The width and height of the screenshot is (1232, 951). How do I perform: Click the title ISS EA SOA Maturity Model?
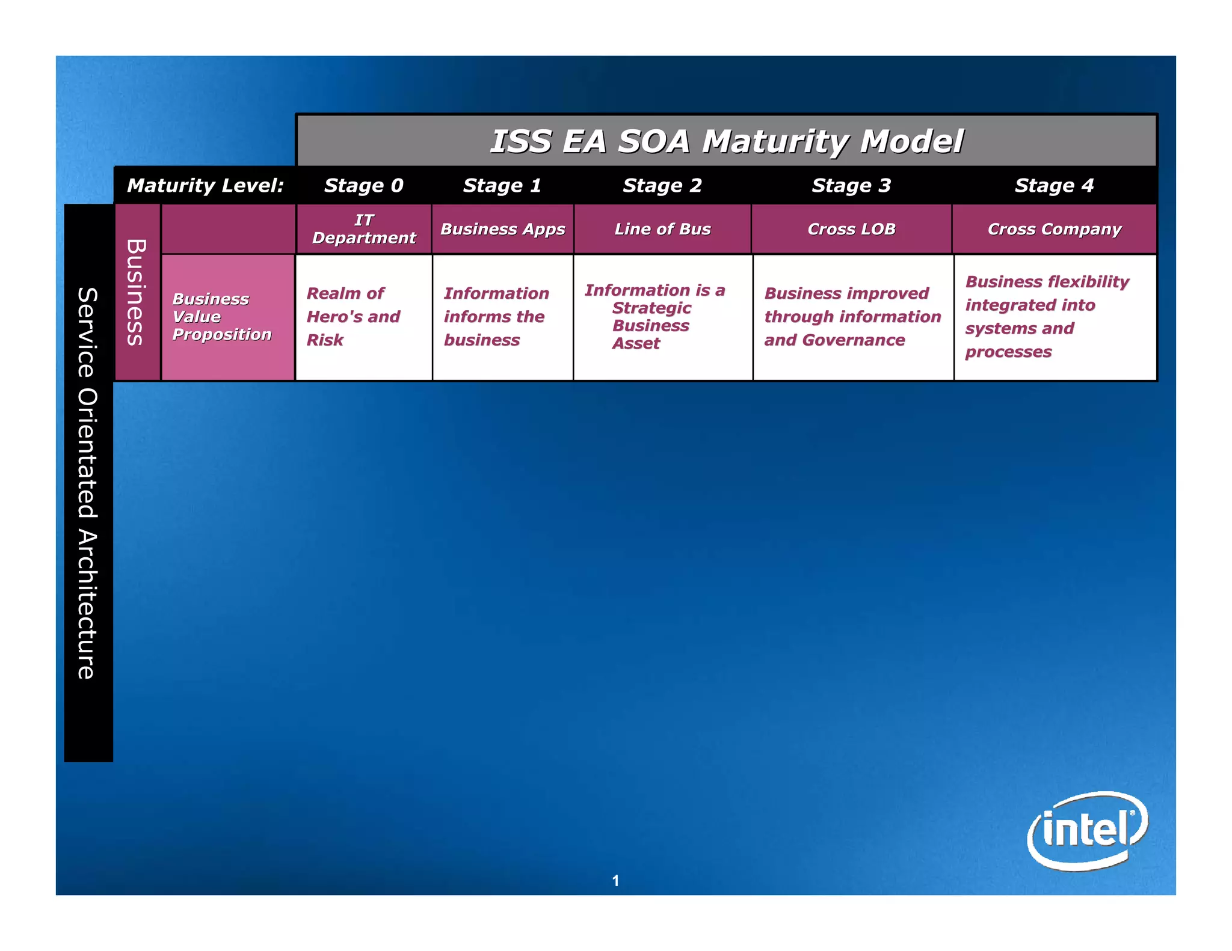pyautogui.click(x=726, y=141)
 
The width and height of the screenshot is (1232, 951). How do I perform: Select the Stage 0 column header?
pyautogui.click(x=363, y=186)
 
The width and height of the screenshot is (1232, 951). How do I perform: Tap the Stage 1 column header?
pyautogui.click(x=502, y=186)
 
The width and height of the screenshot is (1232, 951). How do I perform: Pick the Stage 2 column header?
pyautogui.click(x=662, y=186)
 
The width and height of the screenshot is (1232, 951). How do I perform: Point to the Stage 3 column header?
pyautogui.click(x=851, y=186)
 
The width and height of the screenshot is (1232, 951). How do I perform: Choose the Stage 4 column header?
pyautogui.click(x=1054, y=186)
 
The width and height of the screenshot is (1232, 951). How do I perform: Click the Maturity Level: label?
pyautogui.click(x=205, y=186)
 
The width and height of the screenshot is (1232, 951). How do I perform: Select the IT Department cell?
pyautogui.click(x=363, y=229)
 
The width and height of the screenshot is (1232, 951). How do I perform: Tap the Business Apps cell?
pyautogui.click(x=502, y=229)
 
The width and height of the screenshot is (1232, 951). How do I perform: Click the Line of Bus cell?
pyautogui.click(x=662, y=229)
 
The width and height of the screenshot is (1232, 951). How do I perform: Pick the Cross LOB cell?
pyautogui.click(x=851, y=229)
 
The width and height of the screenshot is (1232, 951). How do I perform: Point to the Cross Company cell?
pyautogui.click(x=1054, y=229)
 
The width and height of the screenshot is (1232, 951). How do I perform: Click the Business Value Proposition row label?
pyautogui.click(x=221, y=317)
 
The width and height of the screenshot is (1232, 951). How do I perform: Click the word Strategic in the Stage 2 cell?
pyautogui.click(x=651, y=308)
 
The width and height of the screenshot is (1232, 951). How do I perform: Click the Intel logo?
pyautogui.click(x=1087, y=830)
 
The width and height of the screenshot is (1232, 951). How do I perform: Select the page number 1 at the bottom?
pyautogui.click(x=615, y=881)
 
